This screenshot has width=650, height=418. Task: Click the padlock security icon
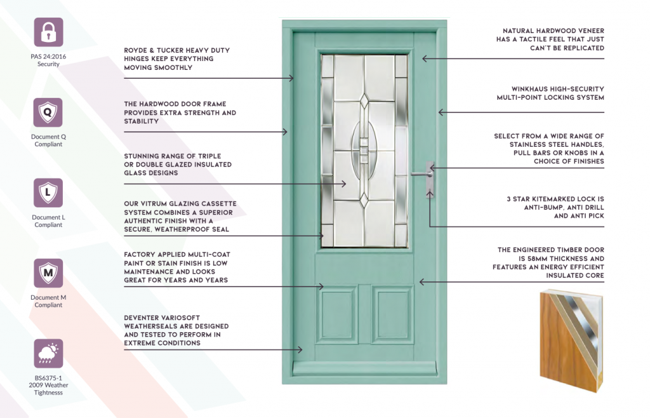point(48,32)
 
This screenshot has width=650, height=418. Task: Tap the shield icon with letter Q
point(48,112)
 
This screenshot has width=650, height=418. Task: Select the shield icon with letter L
point(48,193)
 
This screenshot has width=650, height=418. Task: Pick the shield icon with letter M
point(48,273)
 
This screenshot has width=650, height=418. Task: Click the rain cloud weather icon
point(48,353)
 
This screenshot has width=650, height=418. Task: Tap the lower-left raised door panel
point(336,314)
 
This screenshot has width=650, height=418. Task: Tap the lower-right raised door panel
point(392,314)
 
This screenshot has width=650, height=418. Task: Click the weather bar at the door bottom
point(364,368)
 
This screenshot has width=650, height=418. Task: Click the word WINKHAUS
point(529,89)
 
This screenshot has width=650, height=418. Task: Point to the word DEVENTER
point(142,318)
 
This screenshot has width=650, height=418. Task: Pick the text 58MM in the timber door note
point(540,259)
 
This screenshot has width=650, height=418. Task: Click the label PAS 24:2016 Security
point(48,60)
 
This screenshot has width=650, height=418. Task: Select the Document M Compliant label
point(48,301)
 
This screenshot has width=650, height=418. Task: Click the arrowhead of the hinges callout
point(291,78)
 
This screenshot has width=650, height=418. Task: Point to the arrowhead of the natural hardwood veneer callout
point(425,59)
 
